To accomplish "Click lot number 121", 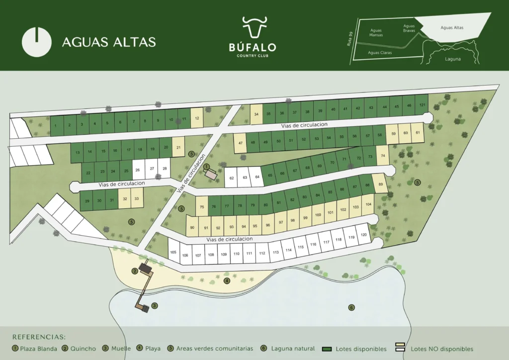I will click(422, 105).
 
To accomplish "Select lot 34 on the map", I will click(256, 114).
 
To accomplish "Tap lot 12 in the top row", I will click(197, 118).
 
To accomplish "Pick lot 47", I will click(240, 143).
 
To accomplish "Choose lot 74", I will click(382, 155).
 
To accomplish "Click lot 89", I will click(380, 184).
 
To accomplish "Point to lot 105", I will click(173, 252).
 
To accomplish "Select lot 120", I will click(363, 235).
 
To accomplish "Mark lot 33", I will click(136, 198).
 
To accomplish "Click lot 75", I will click(201, 207).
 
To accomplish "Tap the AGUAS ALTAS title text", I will click(109, 42).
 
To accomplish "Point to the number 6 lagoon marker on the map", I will click(351, 307).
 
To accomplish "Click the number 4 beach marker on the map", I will click(227, 281).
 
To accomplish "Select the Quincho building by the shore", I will click(145, 269).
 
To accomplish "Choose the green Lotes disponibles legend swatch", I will click(327, 349).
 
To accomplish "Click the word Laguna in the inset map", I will click(453, 59).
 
